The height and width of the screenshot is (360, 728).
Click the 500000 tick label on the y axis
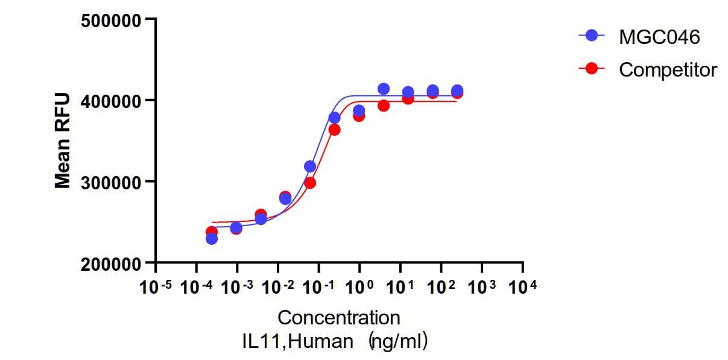click(111, 22)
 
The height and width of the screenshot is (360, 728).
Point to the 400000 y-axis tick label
click(111, 102)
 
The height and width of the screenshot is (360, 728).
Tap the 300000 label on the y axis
click(111, 183)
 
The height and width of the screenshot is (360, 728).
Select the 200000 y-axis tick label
click(111, 264)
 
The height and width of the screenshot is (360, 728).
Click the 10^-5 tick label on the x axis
click(156, 287)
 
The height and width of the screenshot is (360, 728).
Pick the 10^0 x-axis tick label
click(358, 287)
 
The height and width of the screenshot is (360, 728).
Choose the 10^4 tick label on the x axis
click(522, 287)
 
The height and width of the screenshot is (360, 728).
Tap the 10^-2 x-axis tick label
click(277, 287)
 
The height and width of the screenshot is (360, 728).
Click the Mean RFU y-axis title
click(62, 141)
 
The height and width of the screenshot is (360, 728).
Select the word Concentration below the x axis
click(339, 317)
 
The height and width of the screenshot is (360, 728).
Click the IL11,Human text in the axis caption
click(298, 341)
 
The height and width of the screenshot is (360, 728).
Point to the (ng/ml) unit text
click(399, 342)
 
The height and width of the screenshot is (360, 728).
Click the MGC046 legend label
click(659, 37)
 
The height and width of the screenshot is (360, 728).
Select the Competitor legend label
click(668, 69)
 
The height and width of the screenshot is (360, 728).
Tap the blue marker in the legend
click(592, 35)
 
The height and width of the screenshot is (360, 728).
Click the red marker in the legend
click(592, 68)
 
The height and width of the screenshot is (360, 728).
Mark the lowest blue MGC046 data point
click(212, 239)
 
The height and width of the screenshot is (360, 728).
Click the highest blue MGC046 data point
click(384, 89)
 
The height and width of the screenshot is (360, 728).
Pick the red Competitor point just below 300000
click(310, 183)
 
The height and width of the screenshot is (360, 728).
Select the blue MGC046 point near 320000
click(310, 166)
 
